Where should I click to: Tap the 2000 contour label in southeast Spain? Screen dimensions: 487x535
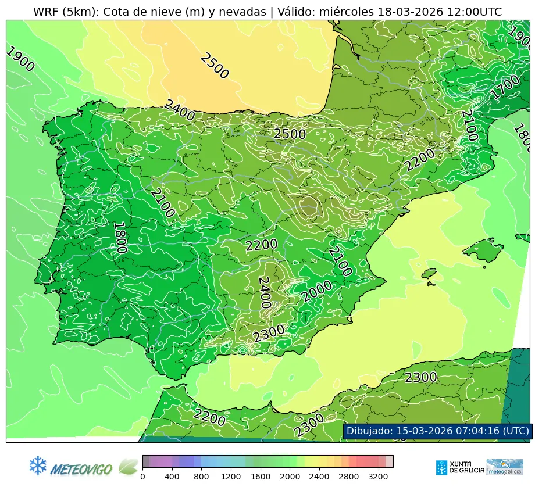point(317,291)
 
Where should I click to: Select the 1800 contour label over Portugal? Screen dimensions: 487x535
point(119,238)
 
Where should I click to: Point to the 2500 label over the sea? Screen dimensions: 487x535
point(214,66)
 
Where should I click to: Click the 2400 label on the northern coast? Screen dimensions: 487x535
point(179,110)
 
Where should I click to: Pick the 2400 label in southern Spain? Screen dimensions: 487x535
point(264,292)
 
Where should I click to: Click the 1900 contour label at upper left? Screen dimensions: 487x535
point(20,59)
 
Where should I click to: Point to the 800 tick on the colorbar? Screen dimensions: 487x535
point(202,477)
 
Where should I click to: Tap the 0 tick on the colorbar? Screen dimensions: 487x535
point(142,477)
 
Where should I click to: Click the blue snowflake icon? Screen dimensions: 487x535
point(38,465)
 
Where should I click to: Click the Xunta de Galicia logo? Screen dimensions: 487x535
point(459,467)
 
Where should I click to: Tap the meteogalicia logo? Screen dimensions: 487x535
point(505,467)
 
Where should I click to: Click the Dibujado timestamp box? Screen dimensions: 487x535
point(437,431)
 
